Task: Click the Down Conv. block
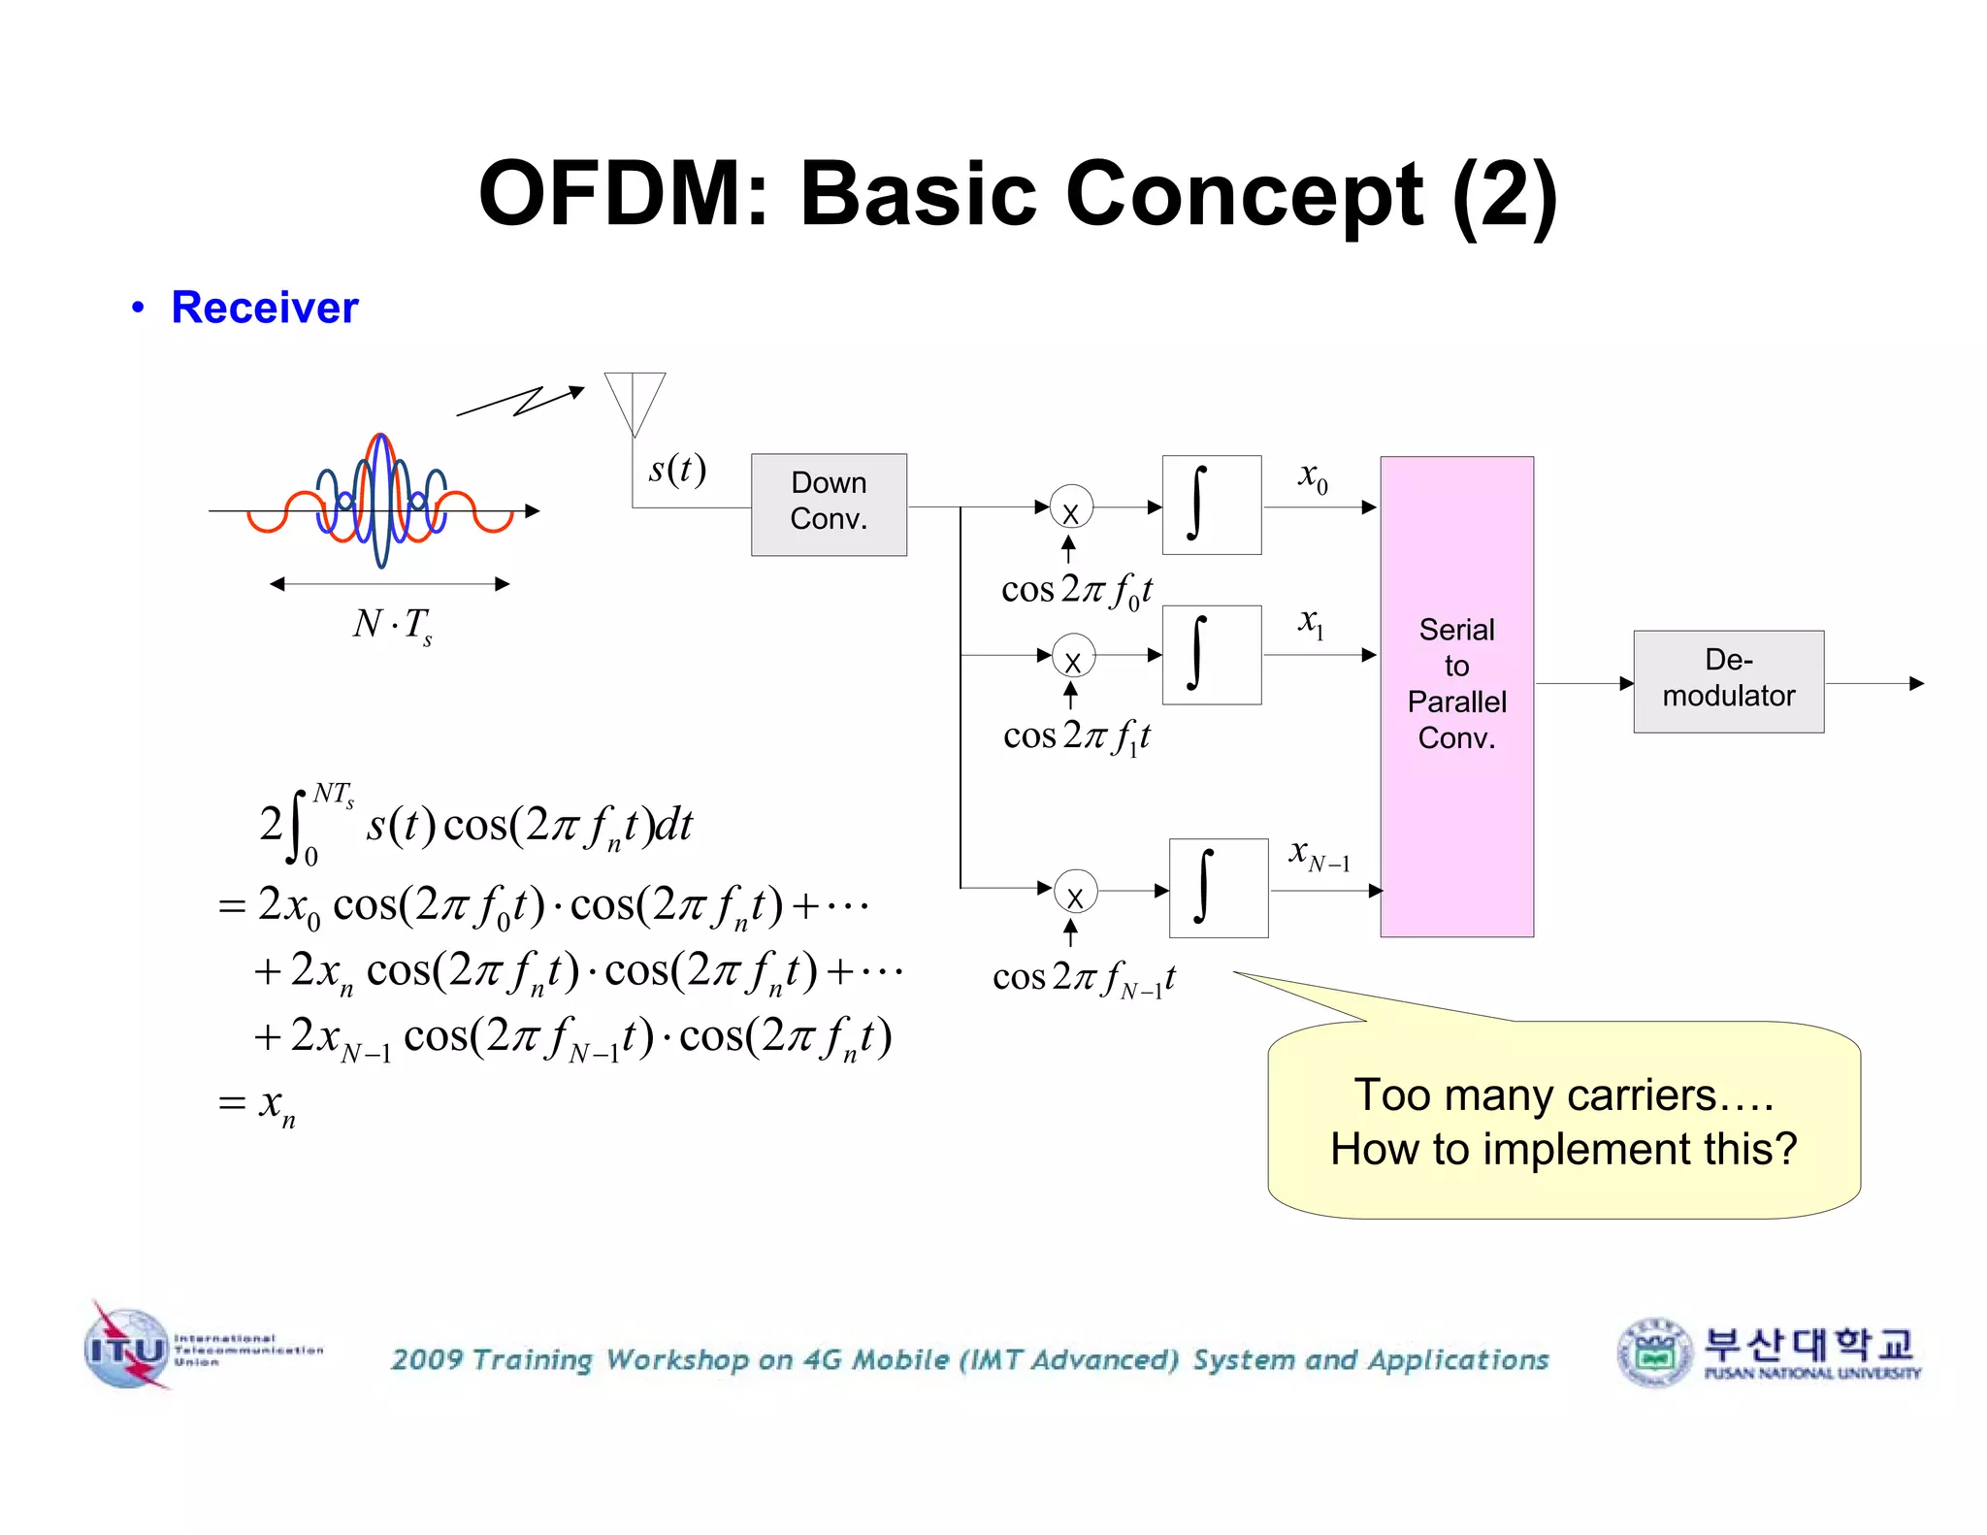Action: pyautogui.click(x=829, y=504)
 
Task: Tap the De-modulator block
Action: pyautogui.click(x=1728, y=680)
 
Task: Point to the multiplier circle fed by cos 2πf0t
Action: pyautogui.click(x=1071, y=507)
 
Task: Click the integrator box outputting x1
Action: pyautogui.click(x=1211, y=655)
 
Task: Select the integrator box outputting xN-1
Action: pyautogui.click(x=1219, y=888)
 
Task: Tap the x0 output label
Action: pyautogui.click(x=1313, y=476)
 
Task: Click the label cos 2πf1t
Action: pyautogui.click(x=1076, y=735)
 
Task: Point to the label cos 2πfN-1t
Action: pyautogui.click(x=1083, y=977)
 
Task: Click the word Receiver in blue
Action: pyautogui.click(x=264, y=308)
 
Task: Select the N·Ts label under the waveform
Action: pyautogui.click(x=392, y=624)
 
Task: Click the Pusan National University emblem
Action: pyautogui.click(x=1655, y=1352)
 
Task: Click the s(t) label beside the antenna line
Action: pyautogui.click(x=677, y=470)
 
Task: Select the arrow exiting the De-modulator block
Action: pyautogui.click(x=1873, y=683)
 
